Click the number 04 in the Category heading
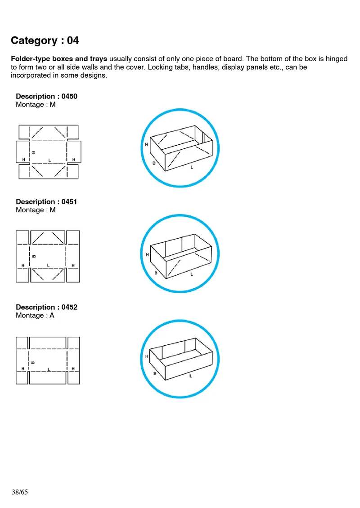click(x=72, y=40)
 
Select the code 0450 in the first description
click(x=69, y=96)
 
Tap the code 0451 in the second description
click(x=69, y=201)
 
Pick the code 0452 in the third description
click(x=69, y=307)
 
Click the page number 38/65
click(x=20, y=492)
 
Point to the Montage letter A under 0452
click(x=52, y=315)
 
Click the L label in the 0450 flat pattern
click(x=49, y=160)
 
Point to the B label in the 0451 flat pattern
click(x=34, y=256)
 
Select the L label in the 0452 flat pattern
click(x=49, y=369)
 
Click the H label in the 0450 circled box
click(x=146, y=144)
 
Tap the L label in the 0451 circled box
click(x=191, y=274)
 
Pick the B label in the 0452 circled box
click(x=155, y=374)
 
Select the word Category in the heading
click(x=34, y=41)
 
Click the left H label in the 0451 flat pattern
click(x=22, y=265)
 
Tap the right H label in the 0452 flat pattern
click(x=73, y=369)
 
